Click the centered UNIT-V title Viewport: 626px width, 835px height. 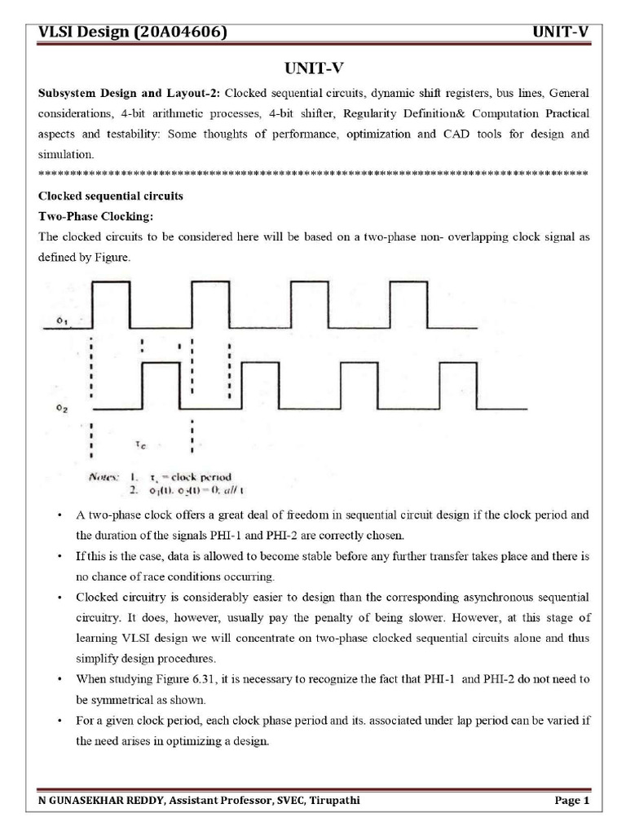pyautogui.click(x=313, y=69)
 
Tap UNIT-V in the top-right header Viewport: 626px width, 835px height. pyautogui.click(x=560, y=32)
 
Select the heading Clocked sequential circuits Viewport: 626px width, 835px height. pyautogui.click(x=111, y=197)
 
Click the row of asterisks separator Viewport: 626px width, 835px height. pyautogui.click(x=313, y=174)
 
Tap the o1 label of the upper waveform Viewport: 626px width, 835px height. pyautogui.click(x=61, y=320)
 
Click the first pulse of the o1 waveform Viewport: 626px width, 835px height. pyautogui.click(x=111, y=303)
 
